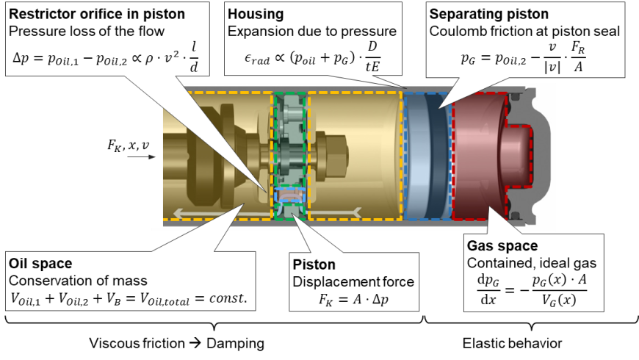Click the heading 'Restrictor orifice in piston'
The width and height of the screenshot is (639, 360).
[96, 15]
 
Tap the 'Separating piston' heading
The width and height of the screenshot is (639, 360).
[488, 15]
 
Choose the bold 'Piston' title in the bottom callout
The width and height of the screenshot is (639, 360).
[314, 264]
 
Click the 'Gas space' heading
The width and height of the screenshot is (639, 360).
[502, 245]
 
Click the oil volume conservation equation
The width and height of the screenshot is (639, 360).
[128, 299]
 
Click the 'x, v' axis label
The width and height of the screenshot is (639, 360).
[138, 145]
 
